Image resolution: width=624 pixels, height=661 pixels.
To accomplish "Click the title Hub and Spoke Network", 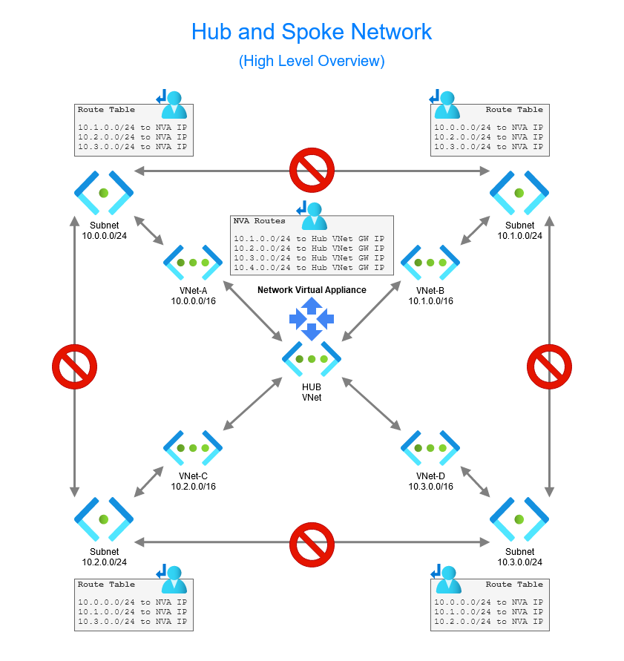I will point(312,32).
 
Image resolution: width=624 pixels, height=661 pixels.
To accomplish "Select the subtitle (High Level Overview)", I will point(312,61).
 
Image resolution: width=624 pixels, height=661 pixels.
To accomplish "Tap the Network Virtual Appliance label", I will point(312,290).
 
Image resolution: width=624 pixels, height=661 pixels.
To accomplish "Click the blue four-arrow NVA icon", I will point(312,319).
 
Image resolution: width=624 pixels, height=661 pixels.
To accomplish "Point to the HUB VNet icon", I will point(312,358).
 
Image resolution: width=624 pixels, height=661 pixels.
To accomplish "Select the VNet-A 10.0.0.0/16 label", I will point(193,296).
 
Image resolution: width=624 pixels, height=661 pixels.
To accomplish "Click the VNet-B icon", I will point(430,262).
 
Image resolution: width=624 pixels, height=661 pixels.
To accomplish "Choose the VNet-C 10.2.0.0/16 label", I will point(193,481).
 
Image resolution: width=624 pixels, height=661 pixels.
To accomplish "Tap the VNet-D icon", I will point(430,447).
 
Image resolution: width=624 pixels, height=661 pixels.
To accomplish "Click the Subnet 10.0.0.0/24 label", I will point(104,231).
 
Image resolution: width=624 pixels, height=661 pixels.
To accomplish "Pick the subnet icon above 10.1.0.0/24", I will point(519,192).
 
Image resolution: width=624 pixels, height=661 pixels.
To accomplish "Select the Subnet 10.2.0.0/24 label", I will point(104,557).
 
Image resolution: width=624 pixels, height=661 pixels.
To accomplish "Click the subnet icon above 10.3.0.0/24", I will point(519,519).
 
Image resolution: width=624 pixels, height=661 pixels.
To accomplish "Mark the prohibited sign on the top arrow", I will point(312,170).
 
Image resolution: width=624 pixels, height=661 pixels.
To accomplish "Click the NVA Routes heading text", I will point(259,221).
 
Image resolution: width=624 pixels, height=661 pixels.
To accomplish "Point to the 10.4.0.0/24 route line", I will point(309,267).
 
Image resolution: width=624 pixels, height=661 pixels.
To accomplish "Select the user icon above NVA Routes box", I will point(312,215).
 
